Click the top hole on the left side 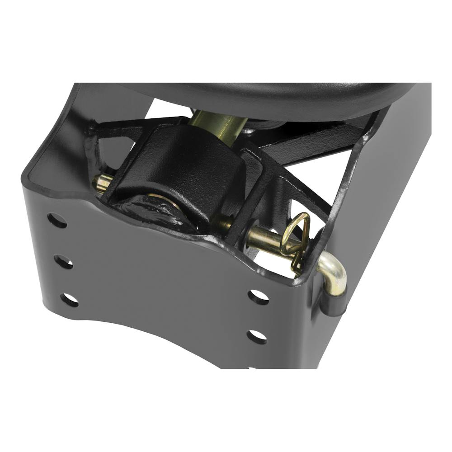point(57,221)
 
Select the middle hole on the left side point(63,262)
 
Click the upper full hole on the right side point(259,297)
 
